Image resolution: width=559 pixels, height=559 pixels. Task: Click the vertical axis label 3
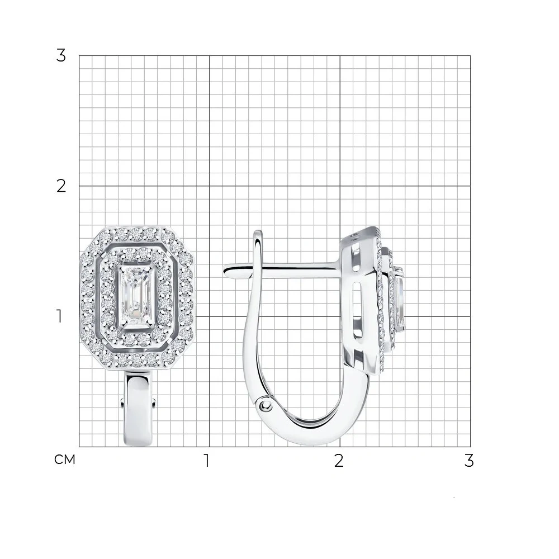61,55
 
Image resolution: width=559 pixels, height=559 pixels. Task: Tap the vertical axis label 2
61,186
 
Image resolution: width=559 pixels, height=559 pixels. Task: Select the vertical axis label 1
59,316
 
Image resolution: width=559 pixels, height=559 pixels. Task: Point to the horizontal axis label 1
206,461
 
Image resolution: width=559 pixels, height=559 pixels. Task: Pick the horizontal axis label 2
339,461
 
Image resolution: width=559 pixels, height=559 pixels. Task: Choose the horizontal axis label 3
469,461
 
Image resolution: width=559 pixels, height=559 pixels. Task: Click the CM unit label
64,460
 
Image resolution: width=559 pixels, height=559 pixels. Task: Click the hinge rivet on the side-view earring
265,405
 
